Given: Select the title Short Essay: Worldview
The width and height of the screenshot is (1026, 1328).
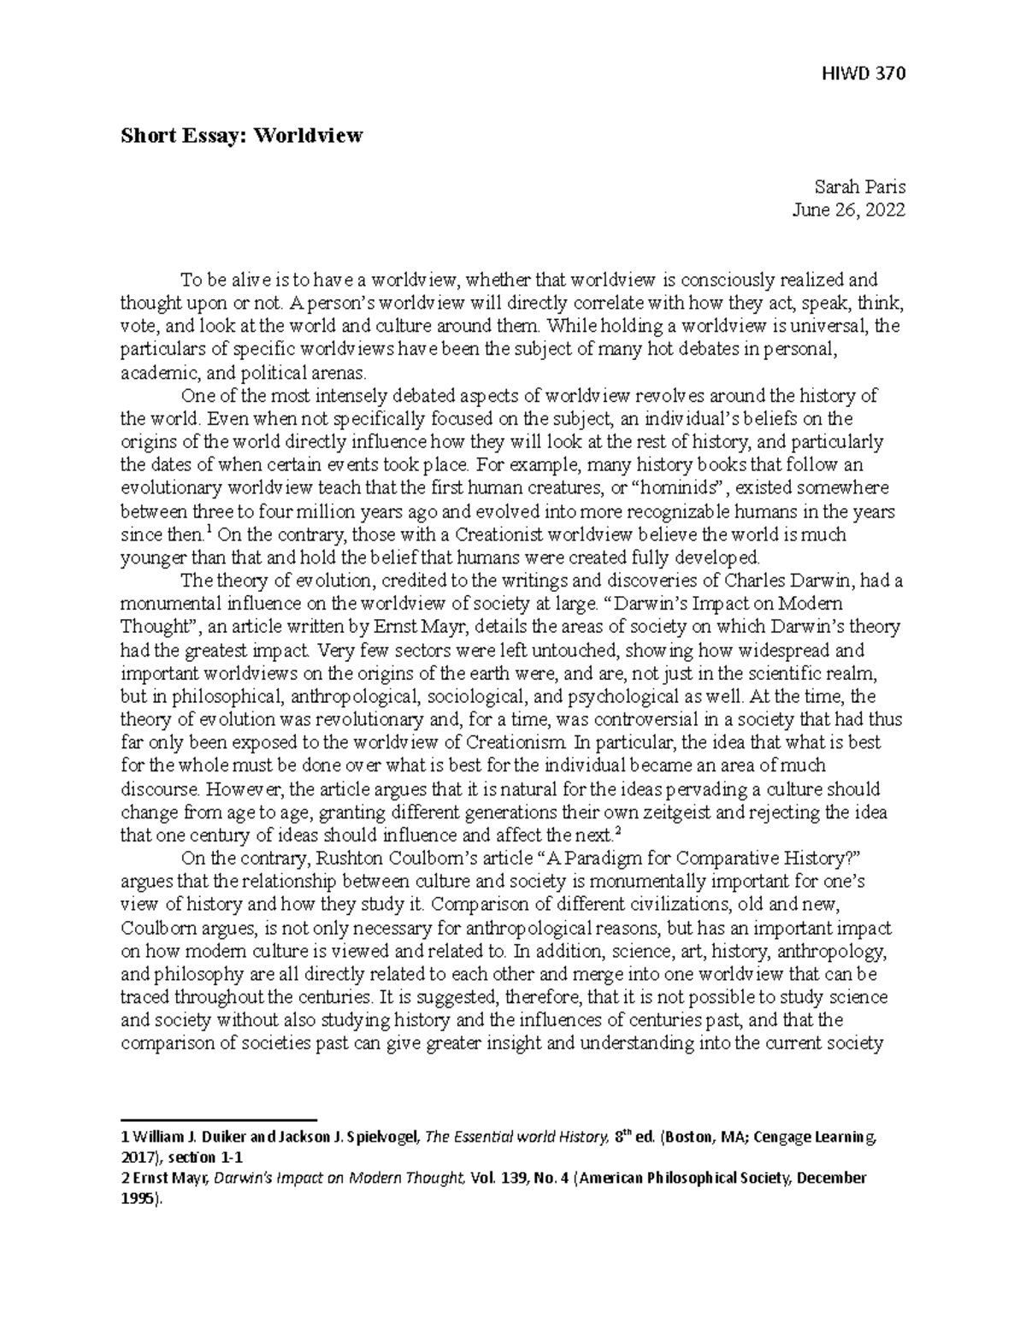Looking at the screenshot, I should pos(241,135).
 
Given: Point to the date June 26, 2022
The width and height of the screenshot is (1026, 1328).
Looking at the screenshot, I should pos(850,210).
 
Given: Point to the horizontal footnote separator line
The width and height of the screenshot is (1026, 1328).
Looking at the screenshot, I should pos(219,1119).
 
